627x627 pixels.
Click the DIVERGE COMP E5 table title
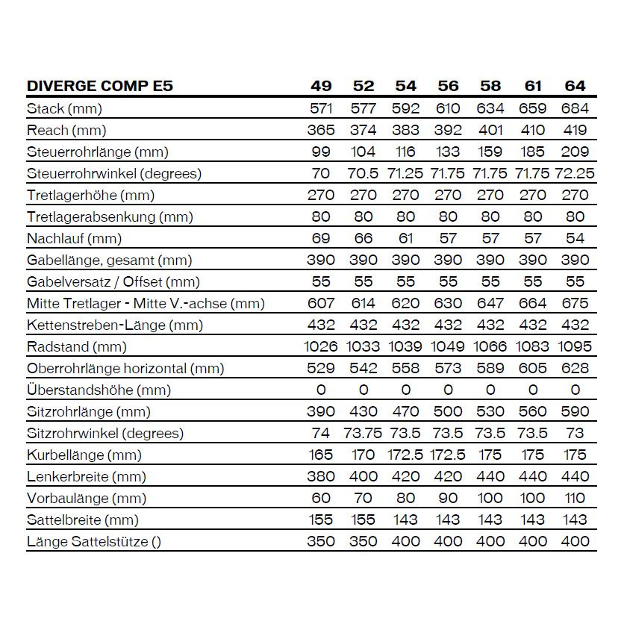[x=100, y=86]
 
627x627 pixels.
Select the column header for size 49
[x=321, y=86]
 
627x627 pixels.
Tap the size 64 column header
[x=575, y=86]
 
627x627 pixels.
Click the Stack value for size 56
[x=448, y=108]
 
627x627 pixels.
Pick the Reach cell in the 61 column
[x=533, y=130]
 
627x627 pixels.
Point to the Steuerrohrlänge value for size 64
[x=575, y=152]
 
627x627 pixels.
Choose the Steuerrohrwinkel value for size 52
[x=364, y=173]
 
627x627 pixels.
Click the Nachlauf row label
[x=74, y=239]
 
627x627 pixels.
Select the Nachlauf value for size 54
[x=405, y=239]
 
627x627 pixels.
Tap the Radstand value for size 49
[x=321, y=347]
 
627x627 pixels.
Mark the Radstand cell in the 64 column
[x=575, y=347]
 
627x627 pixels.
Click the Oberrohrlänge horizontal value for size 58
[x=490, y=369]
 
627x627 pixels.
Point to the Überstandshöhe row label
[x=99, y=390]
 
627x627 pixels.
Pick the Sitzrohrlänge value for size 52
[x=364, y=412]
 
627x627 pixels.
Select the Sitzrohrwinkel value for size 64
[x=575, y=434]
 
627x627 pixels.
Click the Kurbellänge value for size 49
[x=321, y=455]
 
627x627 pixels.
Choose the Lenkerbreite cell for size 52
[x=364, y=477]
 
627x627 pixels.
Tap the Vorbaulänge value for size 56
[x=448, y=499]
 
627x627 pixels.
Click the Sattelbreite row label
[x=82, y=520]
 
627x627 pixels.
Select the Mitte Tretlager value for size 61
[x=533, y=304]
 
